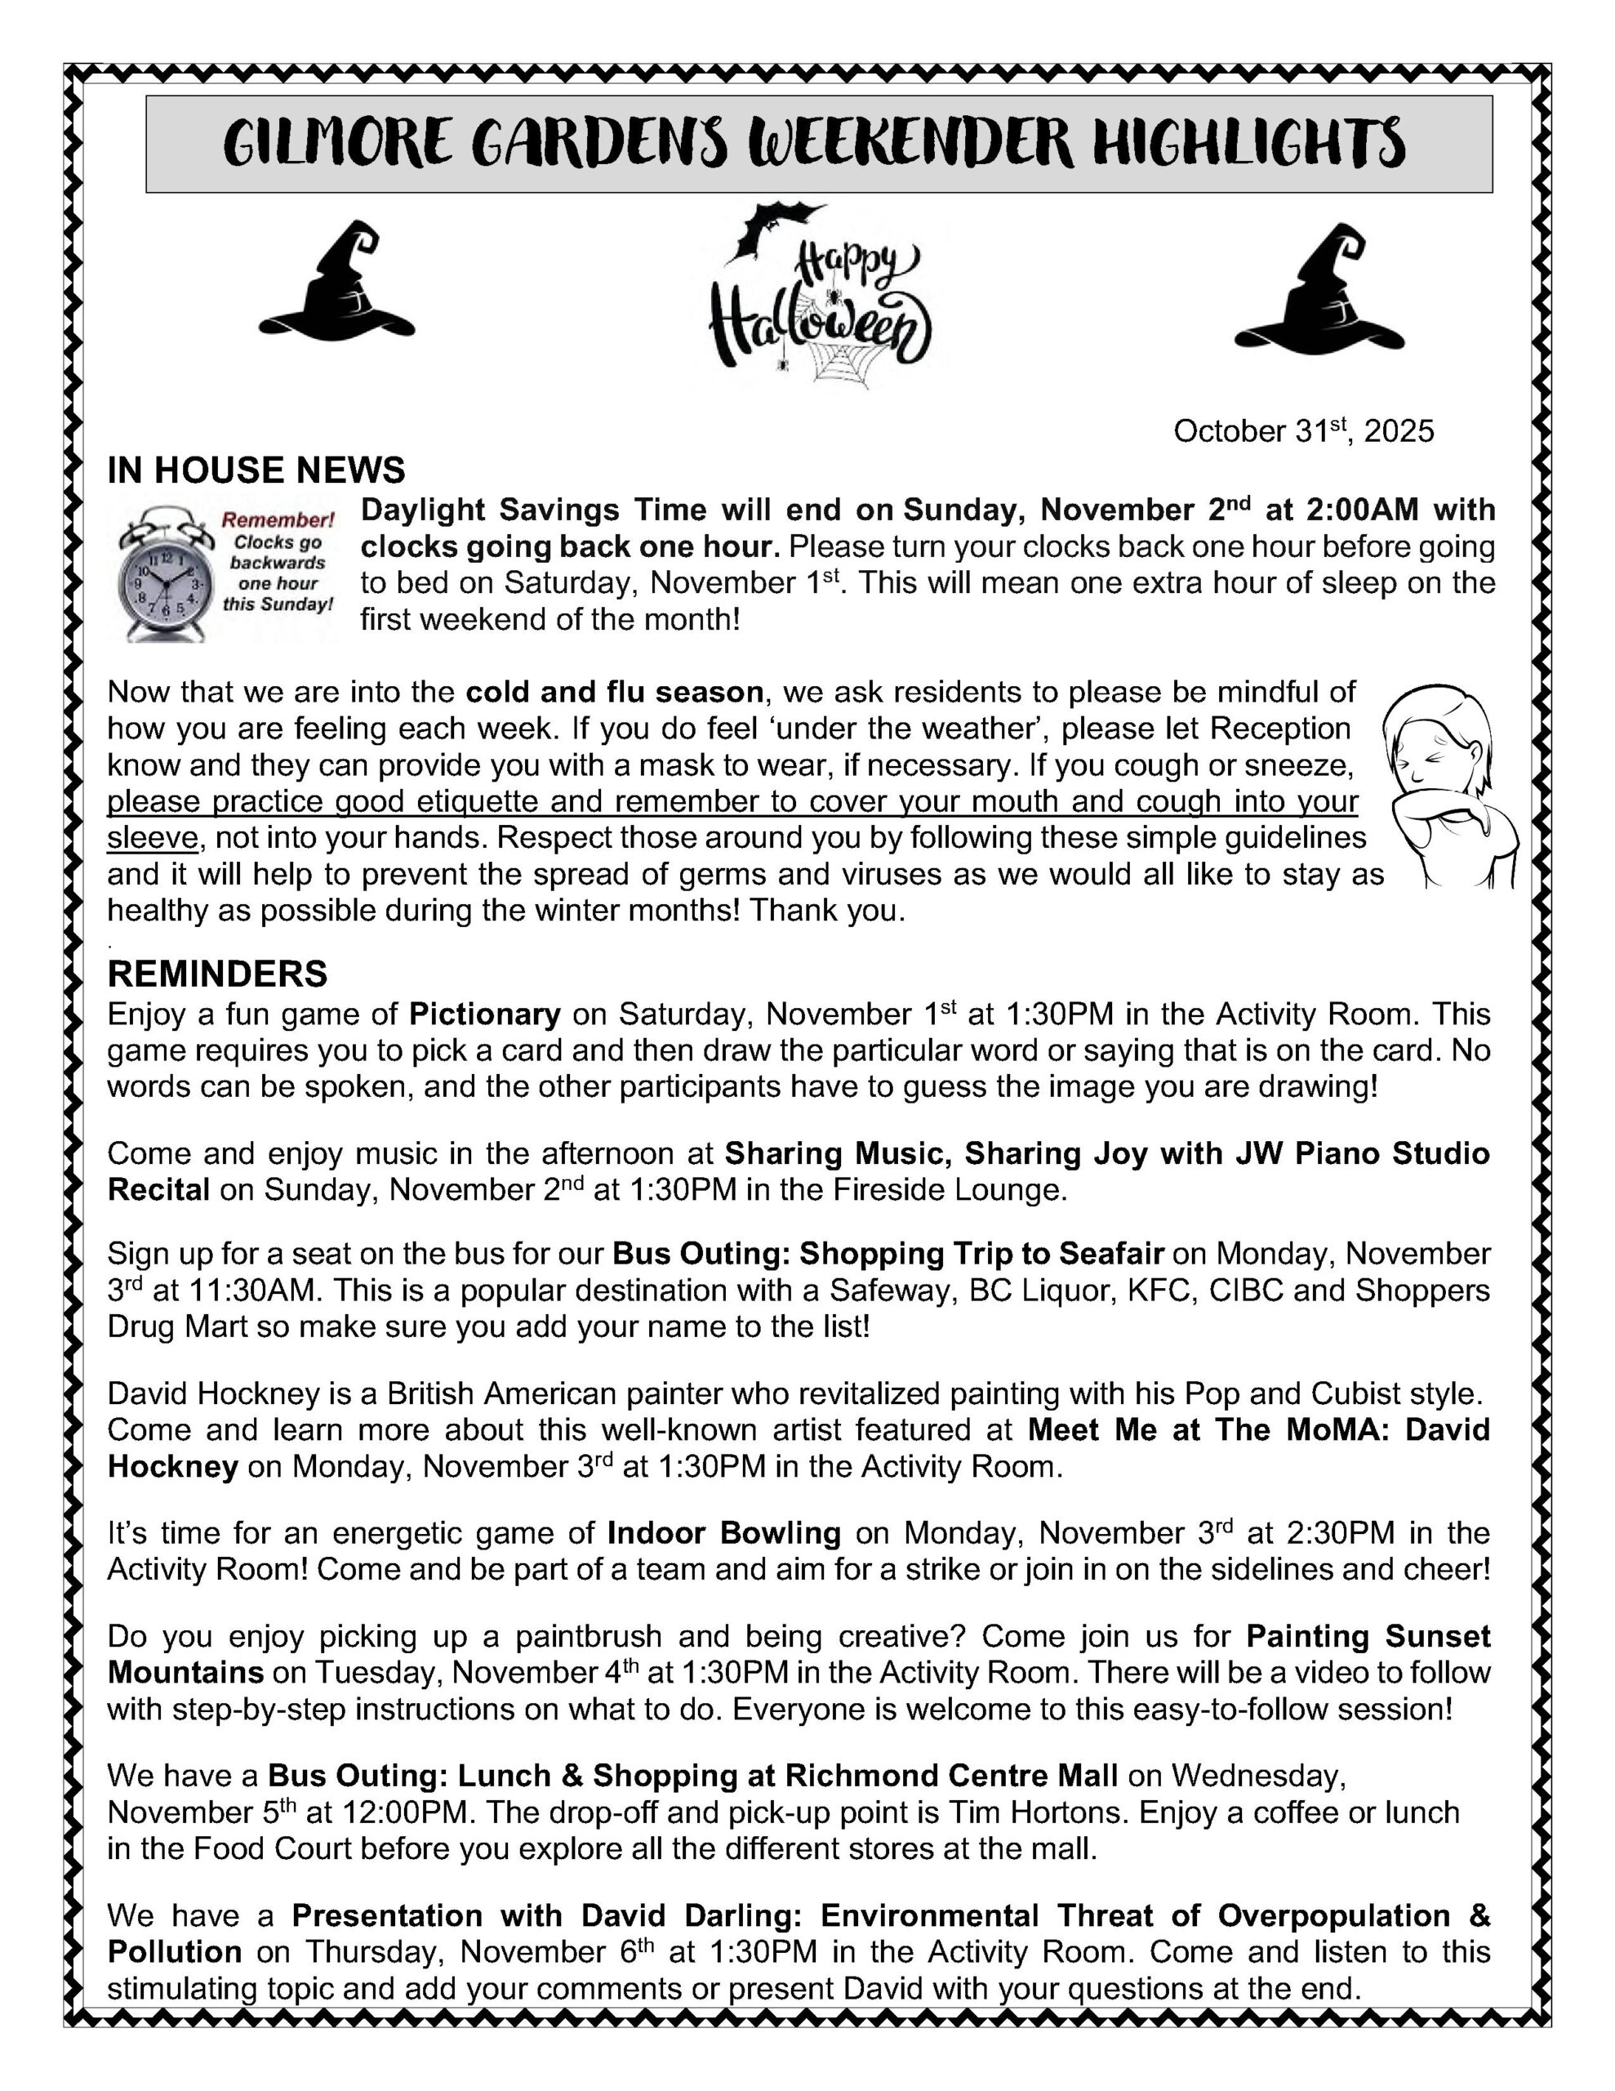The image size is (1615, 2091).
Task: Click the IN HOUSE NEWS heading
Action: click(256, 470)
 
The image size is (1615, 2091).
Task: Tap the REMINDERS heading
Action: click(217, 974)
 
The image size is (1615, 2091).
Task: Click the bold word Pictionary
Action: click(484, 1014)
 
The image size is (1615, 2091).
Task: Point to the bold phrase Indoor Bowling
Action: click(723, 1533)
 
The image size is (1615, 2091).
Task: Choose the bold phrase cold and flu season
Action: click(615, 691)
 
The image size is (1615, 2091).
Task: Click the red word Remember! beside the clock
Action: click(278, 519)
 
